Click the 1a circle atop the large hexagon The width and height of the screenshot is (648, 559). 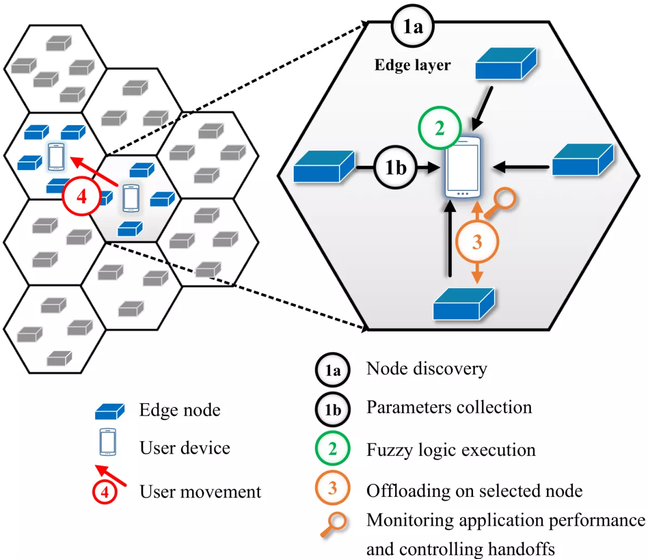[413, 26]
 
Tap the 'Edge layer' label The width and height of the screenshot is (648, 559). [412, 65]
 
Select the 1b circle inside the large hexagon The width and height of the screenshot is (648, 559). [395, 168]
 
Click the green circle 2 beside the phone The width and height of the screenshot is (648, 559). [440, 128]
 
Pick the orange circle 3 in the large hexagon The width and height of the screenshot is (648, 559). [477, 242]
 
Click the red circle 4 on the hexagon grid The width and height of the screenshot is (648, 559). [82, 196]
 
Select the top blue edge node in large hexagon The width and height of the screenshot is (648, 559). [505, 64]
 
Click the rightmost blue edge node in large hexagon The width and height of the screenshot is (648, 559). [582, 160]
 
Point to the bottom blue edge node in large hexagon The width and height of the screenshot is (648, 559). [464, 304]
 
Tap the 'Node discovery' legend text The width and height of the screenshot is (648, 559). [427, 369]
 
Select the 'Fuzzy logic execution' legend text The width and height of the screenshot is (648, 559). [451, 449]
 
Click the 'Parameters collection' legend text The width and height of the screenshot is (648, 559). [449, 407]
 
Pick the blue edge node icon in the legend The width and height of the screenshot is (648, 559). [110, 411]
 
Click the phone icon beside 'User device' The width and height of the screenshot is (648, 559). [107, 442]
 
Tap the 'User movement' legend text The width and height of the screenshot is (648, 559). [200, 492]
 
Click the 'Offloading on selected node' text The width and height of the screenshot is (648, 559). [474, 490]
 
